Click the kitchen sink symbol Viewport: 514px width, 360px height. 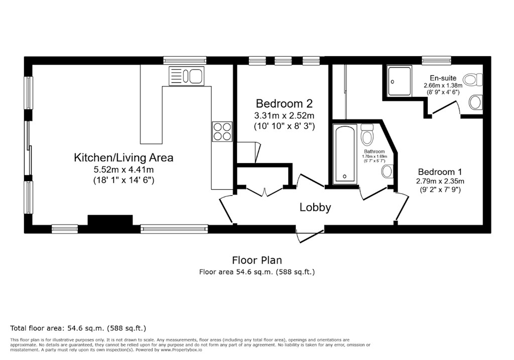coord(187,76)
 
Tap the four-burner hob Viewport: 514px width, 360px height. coord(222,131)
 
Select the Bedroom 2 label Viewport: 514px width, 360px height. coord(284,104)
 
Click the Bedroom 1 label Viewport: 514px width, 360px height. coord(440,171)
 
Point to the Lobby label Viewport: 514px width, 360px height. coord(315,207)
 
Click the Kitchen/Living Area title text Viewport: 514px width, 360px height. coord(123,158)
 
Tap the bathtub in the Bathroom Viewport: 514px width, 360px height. coord(345,154)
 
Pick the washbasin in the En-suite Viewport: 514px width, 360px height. coord(475,102)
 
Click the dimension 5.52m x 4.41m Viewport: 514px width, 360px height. coord(123,169)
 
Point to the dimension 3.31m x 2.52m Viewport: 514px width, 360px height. coord(284,116)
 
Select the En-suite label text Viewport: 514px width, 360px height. coord(443,78)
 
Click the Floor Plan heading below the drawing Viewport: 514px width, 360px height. coord(256,260)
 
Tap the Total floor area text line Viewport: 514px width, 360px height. coord(78,328)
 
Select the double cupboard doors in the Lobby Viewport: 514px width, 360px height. coord(264,191)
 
